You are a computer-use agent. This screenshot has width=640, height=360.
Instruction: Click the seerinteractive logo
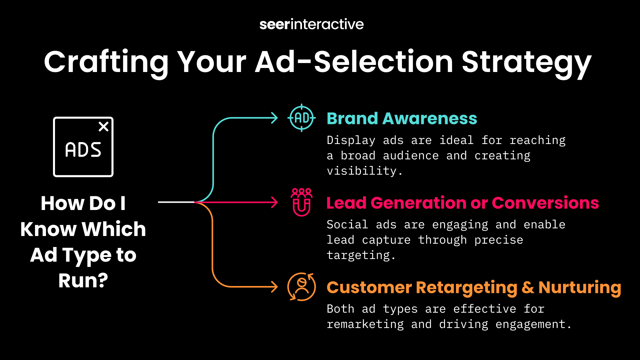pos(312,24)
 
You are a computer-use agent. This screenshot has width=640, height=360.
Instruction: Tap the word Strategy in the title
pos(527,63)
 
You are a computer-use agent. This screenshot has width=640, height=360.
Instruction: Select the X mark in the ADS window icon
pos(104,127)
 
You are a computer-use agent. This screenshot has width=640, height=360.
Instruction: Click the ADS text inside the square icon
pos(83,150)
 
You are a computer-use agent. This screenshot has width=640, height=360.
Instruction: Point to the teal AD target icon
pos(302,118)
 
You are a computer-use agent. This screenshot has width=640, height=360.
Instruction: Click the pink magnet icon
pos(302,202)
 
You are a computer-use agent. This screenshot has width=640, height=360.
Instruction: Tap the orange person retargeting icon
pos(302,287)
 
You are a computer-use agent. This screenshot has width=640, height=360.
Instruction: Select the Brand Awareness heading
pos(402,118)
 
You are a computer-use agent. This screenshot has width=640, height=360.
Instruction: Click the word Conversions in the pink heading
pos(545,203)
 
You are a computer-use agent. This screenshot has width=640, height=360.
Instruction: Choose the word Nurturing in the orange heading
pos(580,288)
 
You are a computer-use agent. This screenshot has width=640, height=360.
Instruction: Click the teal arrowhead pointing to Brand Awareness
pos(274,118)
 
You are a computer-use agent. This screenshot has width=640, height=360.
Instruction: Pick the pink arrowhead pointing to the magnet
pos(274,202)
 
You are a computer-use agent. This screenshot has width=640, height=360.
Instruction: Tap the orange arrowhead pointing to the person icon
pos(274,287)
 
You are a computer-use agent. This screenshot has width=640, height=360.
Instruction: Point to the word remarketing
pos(365,324)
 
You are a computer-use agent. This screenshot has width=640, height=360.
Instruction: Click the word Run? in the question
pos(83,281)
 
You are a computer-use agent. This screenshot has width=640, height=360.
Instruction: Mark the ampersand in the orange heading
pos(528,287)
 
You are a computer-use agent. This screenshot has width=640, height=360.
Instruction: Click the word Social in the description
pos(347,224)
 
